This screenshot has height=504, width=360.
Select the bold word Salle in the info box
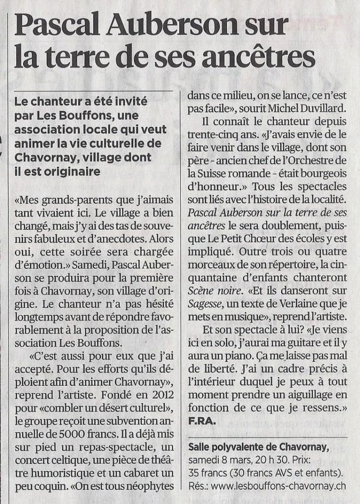tap(200, 447)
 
